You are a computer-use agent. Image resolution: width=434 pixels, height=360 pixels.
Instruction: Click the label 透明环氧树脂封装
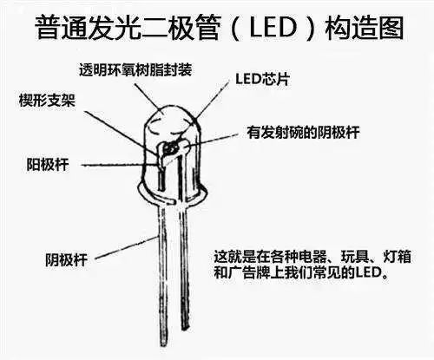[135, 70]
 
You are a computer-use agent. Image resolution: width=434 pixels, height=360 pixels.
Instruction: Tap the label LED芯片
[262, 79]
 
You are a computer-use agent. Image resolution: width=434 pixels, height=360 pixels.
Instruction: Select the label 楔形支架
[47, 101]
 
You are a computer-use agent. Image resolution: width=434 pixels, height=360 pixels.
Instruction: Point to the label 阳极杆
[48, 165]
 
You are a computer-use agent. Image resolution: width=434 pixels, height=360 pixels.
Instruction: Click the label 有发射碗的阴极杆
[303, 133]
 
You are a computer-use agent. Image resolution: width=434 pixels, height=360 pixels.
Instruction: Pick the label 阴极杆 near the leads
[66, 259]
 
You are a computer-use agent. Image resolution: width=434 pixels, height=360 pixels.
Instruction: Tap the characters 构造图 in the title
[365, 28]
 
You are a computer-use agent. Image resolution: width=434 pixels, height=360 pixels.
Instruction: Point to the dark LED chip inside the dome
[170, 148]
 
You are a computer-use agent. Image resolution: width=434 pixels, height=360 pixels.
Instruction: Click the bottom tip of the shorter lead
[185, 329]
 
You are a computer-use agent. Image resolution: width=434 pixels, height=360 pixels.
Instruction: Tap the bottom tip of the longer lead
[163, 344]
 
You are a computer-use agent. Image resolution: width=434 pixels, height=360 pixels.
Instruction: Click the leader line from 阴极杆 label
[127, 247]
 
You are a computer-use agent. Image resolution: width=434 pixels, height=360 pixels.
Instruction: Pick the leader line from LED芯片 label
[211, 101]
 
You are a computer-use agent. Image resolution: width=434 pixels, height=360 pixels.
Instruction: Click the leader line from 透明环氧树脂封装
[148, 96]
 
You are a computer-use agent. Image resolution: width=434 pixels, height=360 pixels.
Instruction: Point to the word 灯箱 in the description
[397, 256]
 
